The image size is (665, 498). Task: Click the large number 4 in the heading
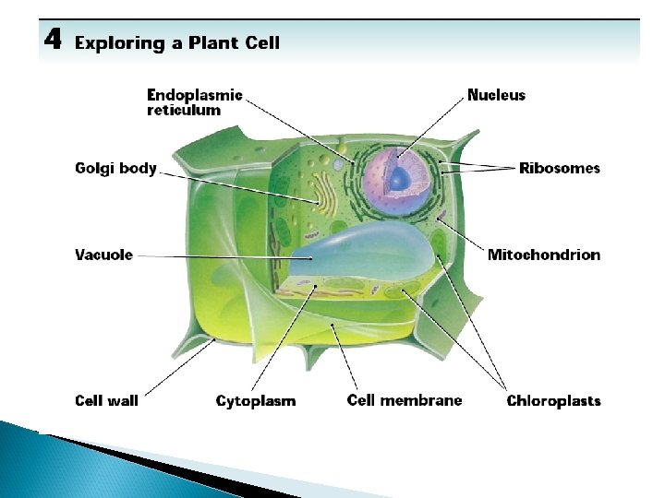[53, 41]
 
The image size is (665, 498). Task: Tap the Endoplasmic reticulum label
[195, 102]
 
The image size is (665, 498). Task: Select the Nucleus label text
[496, 95]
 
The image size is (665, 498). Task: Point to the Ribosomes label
[559, 168]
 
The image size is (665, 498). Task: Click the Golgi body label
[115, 169]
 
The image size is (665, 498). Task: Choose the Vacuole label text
[103, 255]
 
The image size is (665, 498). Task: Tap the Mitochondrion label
[543, 255]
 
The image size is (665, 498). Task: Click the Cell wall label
[106, 401]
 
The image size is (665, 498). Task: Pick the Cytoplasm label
[256, 401]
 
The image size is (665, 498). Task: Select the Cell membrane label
[405, 400]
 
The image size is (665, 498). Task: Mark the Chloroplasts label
[553, 401]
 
